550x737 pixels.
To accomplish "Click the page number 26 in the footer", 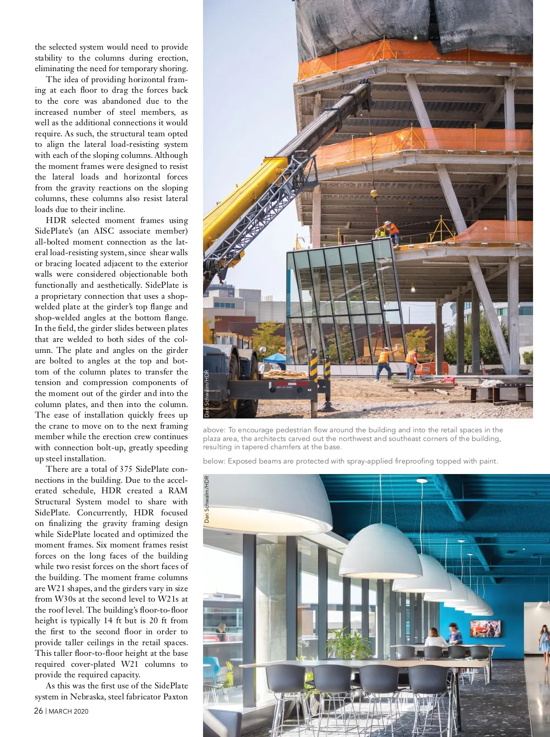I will (x=39, y=711).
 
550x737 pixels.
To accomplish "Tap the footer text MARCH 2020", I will (x=69, y=712).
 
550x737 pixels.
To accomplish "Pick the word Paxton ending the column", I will (x=176, y=697).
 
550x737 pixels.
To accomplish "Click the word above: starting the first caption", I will (x=214, y=430).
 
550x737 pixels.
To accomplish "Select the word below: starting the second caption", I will (x=214, y=461).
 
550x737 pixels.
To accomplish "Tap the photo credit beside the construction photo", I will (x=207, y=393).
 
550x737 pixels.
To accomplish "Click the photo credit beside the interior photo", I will (x=207, y=499).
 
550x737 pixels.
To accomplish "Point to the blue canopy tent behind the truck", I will (x=275, y=357).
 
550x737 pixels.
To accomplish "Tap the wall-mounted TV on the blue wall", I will (x=485, y=629).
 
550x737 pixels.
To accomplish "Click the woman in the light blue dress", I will (x=544, y=640).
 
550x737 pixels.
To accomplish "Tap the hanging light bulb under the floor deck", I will (x=412, y=290).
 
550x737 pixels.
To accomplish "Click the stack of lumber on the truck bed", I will (x=286, y=374).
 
